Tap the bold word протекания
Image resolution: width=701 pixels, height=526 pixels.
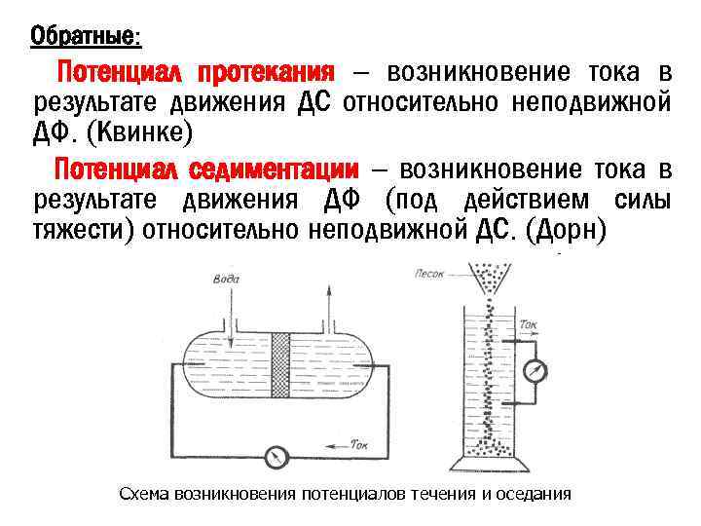266,74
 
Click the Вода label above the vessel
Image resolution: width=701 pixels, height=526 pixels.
226,280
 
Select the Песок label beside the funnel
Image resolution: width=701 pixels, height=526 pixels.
429,274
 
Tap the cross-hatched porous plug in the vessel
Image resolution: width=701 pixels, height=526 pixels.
280,365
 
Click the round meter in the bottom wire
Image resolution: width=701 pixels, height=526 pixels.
277,454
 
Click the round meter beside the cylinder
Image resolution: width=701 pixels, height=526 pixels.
535,370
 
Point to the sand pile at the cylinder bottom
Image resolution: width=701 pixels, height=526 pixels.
487,447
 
